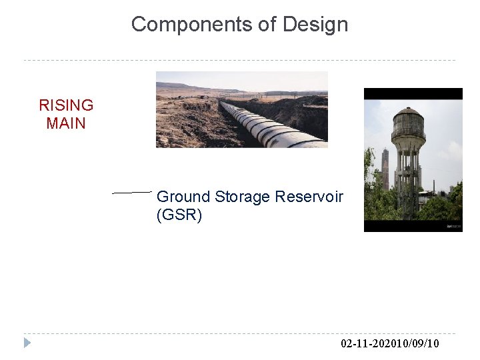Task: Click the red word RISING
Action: pyautogui.click(x=66, y=105)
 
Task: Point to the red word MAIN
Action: pyautogui.click(x=66, y=123)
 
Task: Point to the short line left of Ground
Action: pyautogui.click(x=132, y=192)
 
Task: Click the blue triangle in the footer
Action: pyautogui.click(x=27, y=343)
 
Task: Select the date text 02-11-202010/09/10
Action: pyautogui.click(x=389, y=344)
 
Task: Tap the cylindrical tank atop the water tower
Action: pyautogui.click(x=407, y=127)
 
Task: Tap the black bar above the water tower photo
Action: pyautogui.click(x=413, y=93)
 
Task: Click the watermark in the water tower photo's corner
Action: pyautogui.click(x=453, y=227)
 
